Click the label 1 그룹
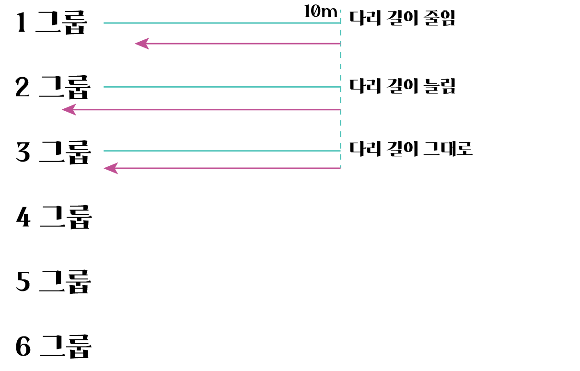(x=52, y=23)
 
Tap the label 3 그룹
(x=53, y=152)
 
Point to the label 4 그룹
(x=54, y=217)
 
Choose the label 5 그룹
(x=53, y=282)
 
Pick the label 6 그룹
(x=53, y=347)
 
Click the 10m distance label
(x=321, y=12)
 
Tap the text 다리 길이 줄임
(x=402, y=18)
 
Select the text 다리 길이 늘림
(x=402, y=86)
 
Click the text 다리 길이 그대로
(x=411, y=149)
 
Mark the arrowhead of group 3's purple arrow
(x=110, y=168)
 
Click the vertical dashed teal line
(x=340, y=96)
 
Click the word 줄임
(x=439, y=18)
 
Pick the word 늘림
(x=440, y=86)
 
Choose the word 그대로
(x=448, y=149)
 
